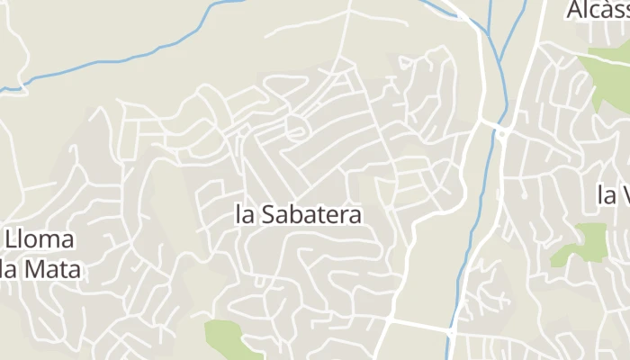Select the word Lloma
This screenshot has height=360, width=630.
[40, 241]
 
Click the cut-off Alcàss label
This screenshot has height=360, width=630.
[598, 11]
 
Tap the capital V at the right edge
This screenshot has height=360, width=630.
[622, 194]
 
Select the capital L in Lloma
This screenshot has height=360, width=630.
[11, 241]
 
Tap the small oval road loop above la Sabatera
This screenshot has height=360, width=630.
[295, 129]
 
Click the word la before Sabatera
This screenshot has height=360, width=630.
[243, 216]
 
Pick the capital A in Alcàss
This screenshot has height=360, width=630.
[575, 11]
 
